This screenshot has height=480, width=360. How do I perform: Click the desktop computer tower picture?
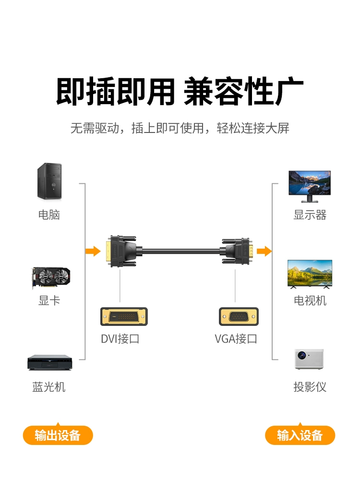(49, 181)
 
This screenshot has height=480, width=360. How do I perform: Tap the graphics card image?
(49, 277)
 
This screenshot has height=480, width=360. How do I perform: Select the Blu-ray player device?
(49, 362)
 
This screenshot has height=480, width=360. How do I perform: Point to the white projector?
(309, 359)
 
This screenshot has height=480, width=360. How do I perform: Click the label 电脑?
(49, 215)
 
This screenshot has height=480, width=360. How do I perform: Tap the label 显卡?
(49, 301)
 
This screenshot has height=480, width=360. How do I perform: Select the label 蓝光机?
(49, 387)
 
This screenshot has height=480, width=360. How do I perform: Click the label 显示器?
(310, 215)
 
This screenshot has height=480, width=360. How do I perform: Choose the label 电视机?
(310, 301)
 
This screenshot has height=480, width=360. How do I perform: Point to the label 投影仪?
(310, 387)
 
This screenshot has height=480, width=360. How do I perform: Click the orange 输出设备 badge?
(58, 435)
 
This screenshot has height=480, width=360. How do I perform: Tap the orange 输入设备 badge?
(300, 435)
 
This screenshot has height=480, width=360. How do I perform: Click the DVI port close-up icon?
(124, 316)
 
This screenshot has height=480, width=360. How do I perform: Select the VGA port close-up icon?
(239, 316)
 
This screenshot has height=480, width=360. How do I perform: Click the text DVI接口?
(120, 339)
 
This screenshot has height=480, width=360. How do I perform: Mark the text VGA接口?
(236, 339)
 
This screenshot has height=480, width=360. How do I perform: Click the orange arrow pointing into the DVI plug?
(93, 251)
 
